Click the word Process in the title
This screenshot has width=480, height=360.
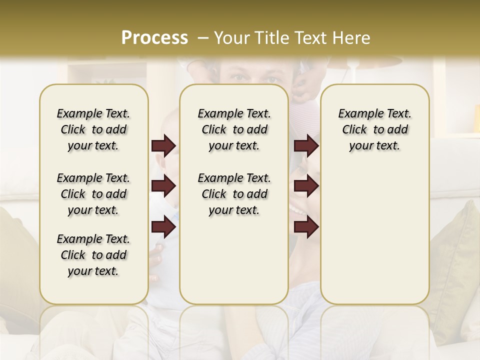tap(154, 38)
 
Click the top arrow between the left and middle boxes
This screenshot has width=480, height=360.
tap(163, 146)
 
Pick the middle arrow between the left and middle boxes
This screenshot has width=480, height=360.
tap(163, 186)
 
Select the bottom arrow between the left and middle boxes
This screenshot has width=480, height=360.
tap(163, 227)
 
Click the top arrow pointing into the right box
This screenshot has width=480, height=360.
tap(306, 146)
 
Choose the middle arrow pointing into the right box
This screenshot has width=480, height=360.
tap(306, 186)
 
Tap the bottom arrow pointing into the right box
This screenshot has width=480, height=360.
tap(306, 227)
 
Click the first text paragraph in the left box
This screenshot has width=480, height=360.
tap(93, 129)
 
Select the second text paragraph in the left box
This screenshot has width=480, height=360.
tap(93, 194)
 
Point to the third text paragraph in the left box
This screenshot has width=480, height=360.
tap(93, 255)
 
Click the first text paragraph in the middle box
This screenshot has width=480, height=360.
tap(234, 129)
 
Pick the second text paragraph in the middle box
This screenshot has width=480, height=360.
tap(234, 194)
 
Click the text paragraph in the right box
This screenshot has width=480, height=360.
tap(374, 129)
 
